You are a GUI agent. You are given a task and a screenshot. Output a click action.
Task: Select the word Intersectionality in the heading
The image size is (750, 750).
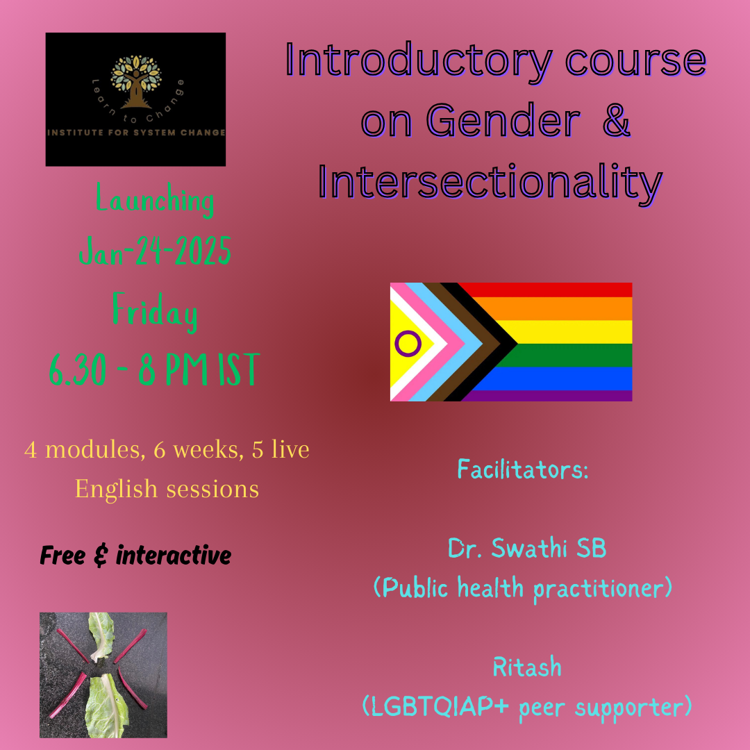pyautogui.click(x=490, y=182)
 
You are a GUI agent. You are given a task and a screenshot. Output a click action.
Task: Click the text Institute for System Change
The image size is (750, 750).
pyautogui.click(x=135, y=133)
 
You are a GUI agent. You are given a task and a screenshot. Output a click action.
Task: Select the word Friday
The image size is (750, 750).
pyautogui.click(x=155, y=312)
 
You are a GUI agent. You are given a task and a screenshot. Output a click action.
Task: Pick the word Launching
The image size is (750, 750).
pyautogui.click(x=155, y=201)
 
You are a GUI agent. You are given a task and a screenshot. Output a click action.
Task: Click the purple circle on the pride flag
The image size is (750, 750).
pyautogui.click(x=408, y=342)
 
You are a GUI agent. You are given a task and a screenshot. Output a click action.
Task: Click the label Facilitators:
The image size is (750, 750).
pyautogui.click(x=523, y=469)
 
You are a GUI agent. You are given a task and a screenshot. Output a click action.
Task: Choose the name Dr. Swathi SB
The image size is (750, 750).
pyautogui.click(x=527, y=549)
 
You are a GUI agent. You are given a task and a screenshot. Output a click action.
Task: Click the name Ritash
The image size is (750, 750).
pyautogui.click(x=527, y=667)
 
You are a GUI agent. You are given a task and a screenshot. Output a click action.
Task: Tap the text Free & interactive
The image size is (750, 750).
pyautogui.click(x=135, y=556)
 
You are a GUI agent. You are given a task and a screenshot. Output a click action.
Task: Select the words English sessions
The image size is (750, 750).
pyautogui.click(x=167, y=489)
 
